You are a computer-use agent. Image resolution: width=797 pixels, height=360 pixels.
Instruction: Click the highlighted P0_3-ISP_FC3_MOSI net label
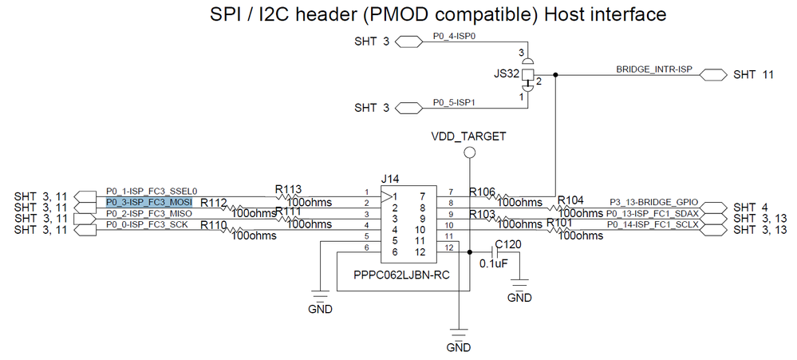(x=149, y=202)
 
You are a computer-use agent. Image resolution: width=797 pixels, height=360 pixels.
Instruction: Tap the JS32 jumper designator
(x=507, y=73)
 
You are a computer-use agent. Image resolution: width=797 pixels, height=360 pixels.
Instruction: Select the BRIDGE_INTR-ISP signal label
(x=653, y=70)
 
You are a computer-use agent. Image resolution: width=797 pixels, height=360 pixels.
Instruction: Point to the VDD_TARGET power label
(x=470, y=136)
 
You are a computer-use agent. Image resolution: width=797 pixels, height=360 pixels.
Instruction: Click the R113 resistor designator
(x=288, y=190)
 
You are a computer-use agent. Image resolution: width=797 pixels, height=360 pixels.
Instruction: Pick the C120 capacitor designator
(x=509, y=244)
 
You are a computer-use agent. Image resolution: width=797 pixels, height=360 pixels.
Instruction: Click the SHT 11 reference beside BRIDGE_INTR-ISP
(x=753, y=75)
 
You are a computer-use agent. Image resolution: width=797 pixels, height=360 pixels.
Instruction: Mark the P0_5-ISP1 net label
(x=454, y=102)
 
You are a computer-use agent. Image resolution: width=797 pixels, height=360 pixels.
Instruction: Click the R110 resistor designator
(x=213, y=226)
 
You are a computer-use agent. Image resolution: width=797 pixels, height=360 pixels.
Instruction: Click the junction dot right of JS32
(x=555, y=75)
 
